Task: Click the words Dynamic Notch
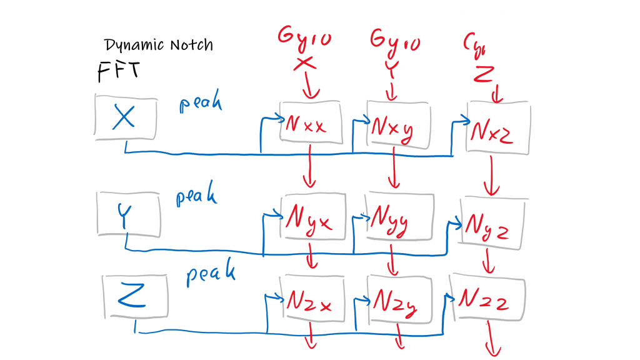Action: tap(159, 45)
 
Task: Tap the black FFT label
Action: tap(119, 71)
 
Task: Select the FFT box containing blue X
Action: tap(125, 117)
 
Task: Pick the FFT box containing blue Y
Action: tap(129, 214)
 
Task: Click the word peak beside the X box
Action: tap(200, 103)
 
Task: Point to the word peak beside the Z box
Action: tap(211, 274)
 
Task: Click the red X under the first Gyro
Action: tap(304, 63)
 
